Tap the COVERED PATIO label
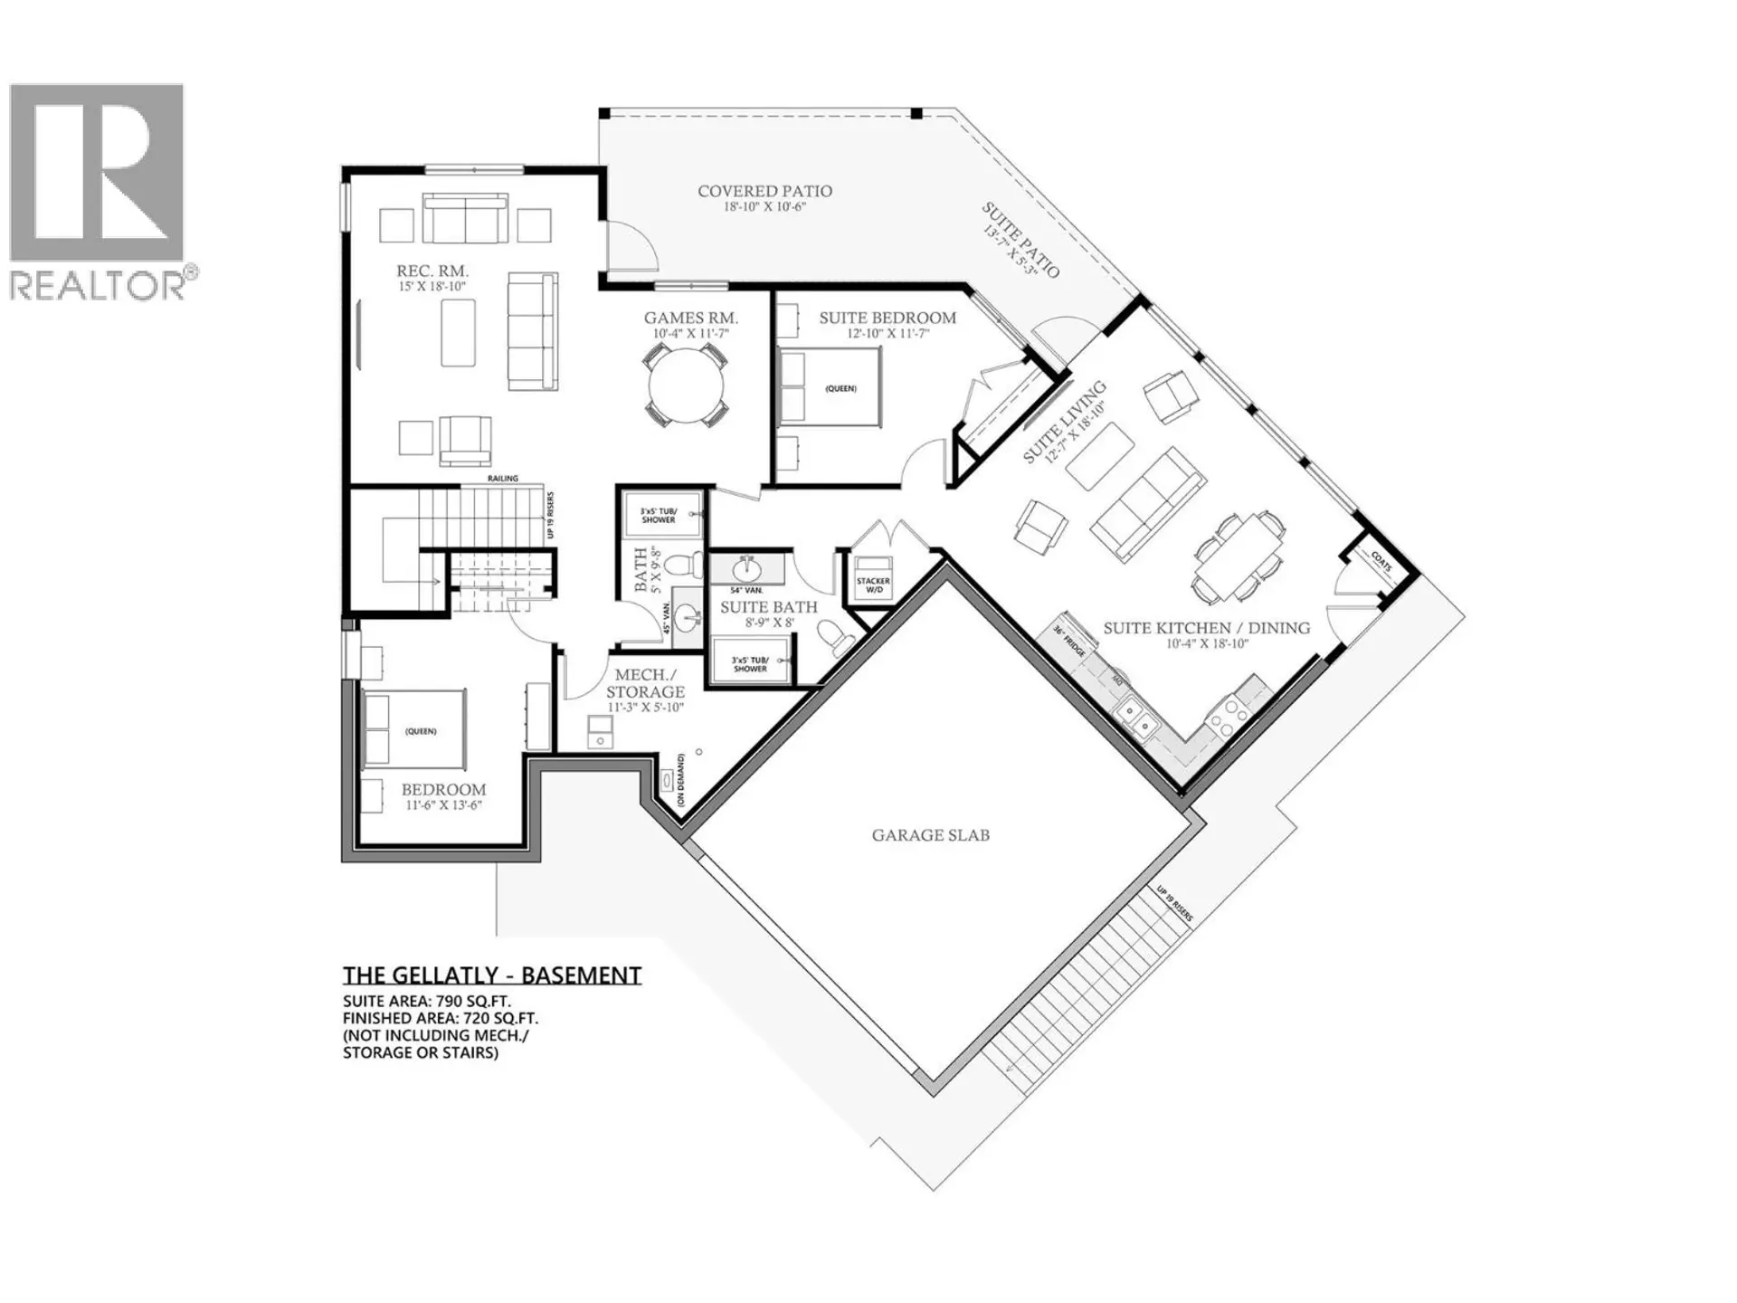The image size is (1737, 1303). click(764, 192)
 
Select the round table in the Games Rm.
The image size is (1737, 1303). click(686, 386)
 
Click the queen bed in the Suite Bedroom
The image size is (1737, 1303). click(831, 387)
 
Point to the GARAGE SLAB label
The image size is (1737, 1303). click(930, 835)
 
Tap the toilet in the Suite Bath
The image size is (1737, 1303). click(839, 637)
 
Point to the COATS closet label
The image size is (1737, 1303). click(1381, 562)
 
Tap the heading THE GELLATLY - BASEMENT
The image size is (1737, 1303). click(492, 975)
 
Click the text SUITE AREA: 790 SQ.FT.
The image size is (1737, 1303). click(426, 1002)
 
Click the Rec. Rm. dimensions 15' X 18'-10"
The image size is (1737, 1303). click(432, 287)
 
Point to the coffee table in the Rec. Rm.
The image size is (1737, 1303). click(458, 333)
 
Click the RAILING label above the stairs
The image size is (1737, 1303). click(503, 479)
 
